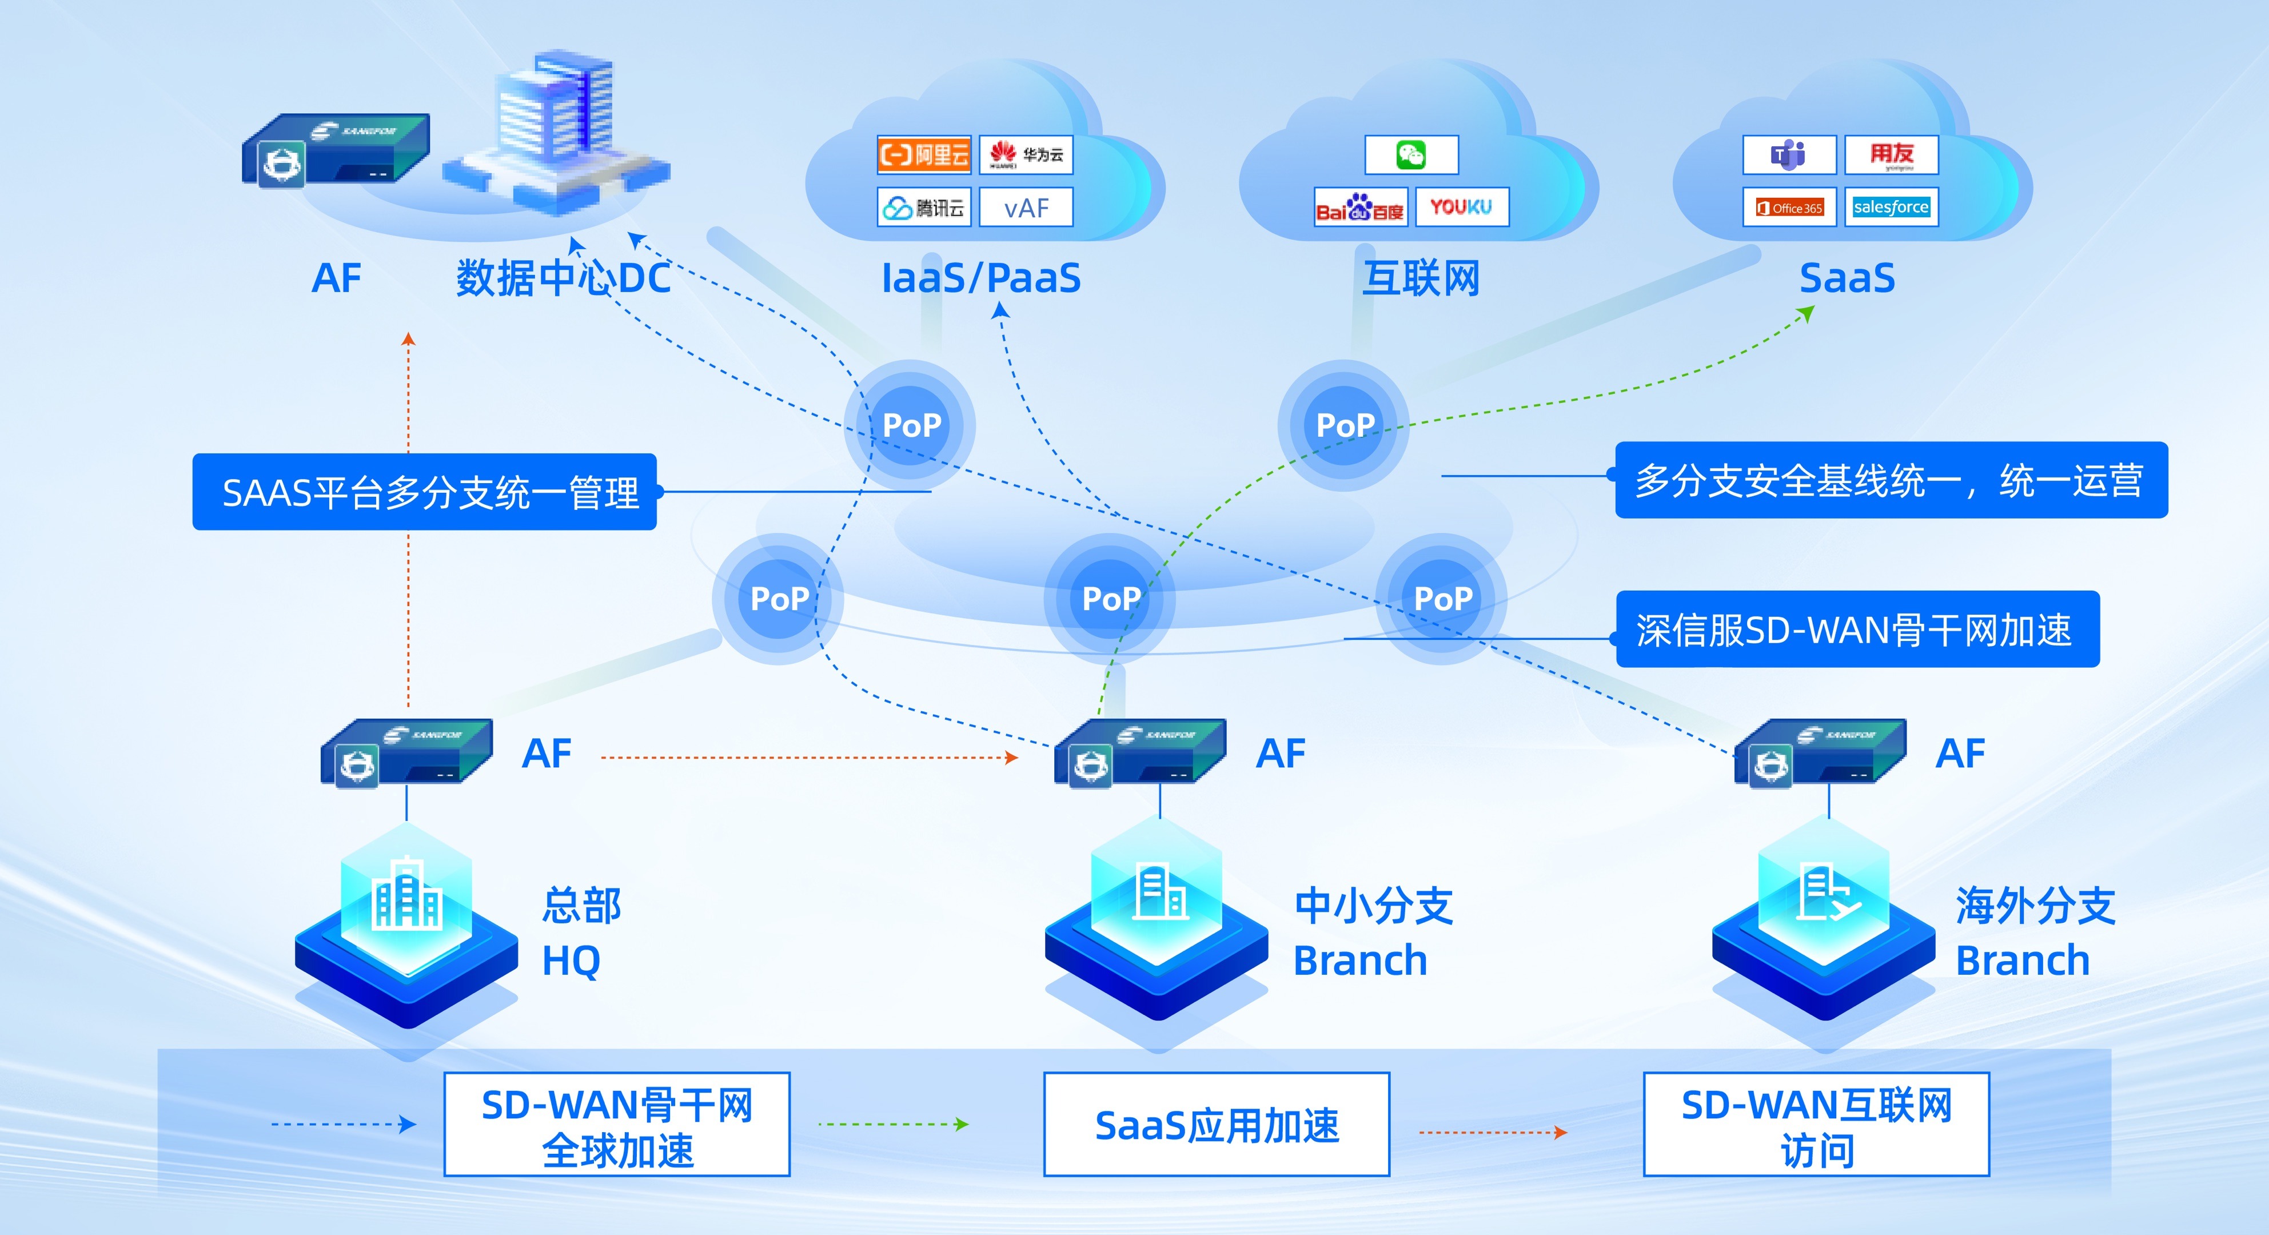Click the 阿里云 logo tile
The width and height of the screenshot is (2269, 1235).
point(923,155)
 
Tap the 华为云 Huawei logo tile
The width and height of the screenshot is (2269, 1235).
point(1025,155)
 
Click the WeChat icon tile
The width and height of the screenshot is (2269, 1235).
point(1411,155)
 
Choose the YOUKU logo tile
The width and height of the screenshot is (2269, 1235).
point(1461,207)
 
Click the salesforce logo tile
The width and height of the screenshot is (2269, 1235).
point(1891,207)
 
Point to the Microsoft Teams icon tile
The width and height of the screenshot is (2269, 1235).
point(1789,155)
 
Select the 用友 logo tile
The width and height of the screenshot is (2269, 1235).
point(1891,155)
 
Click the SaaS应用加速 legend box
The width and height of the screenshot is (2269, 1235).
point(1217,1124)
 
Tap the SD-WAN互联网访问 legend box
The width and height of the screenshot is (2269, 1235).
point(1816,1124)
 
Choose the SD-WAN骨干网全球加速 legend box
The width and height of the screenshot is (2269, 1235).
point(617,1124)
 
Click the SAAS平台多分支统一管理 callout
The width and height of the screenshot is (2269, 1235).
point(425,492)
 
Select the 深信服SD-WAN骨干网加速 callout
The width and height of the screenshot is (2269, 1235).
point(1857,629)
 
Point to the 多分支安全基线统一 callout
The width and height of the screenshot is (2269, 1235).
point(1890,480)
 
